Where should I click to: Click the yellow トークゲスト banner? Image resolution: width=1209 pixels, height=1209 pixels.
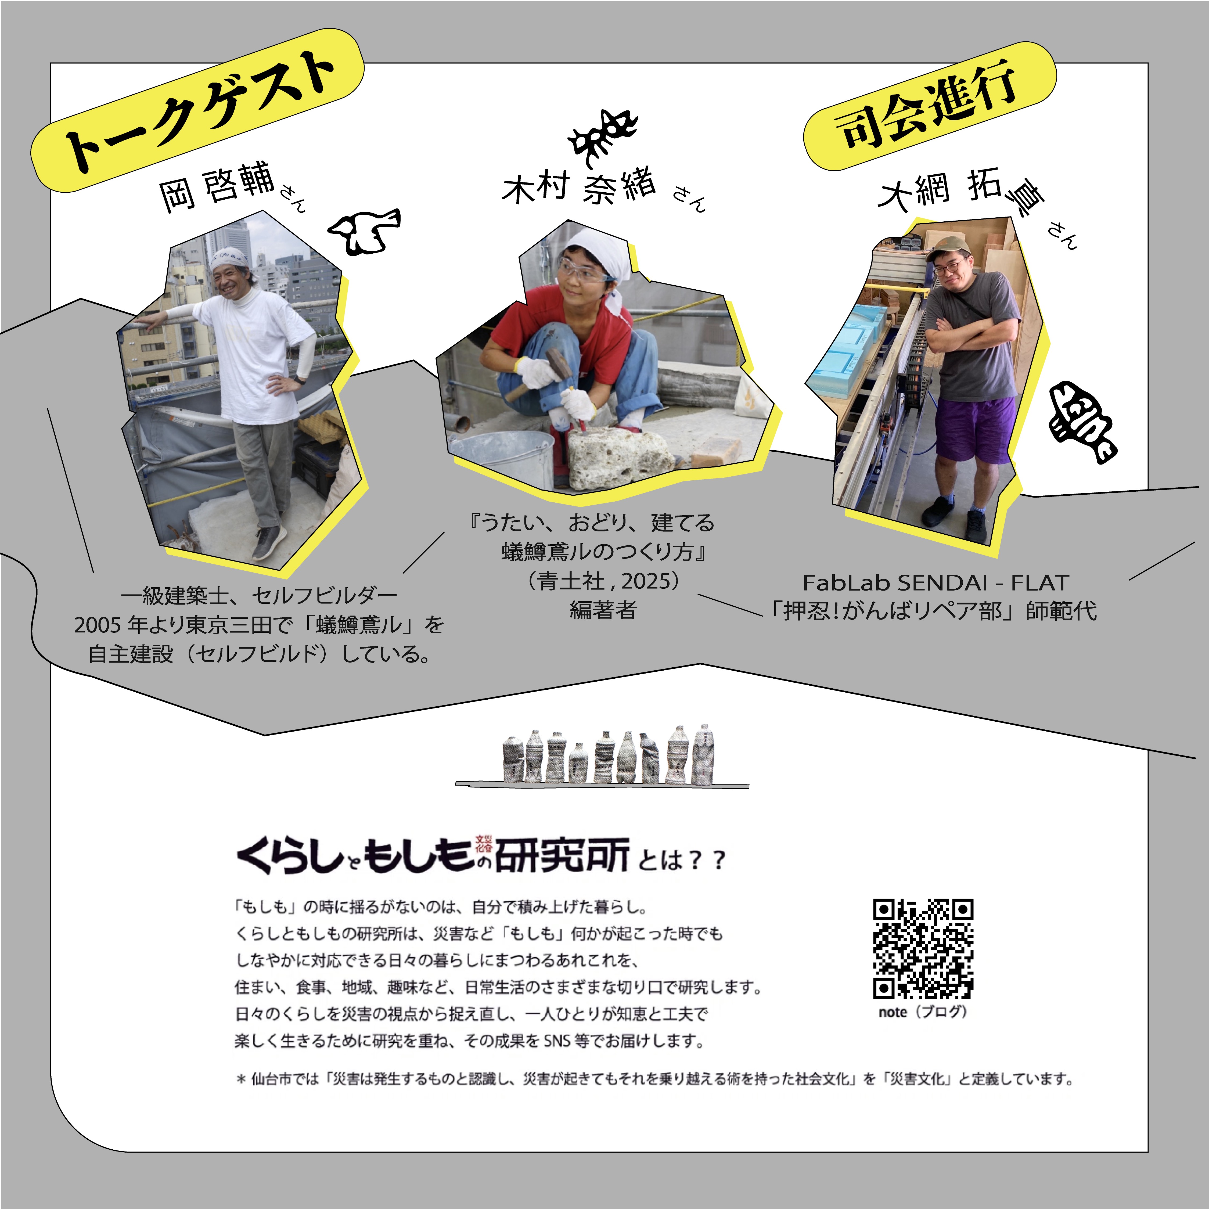tap(197, 110)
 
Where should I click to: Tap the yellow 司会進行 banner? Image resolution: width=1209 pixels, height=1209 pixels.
tap(930, 106)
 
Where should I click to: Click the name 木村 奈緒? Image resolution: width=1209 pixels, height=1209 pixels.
tap(579, 186)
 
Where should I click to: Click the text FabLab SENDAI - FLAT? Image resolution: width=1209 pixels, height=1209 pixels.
tap(935, 582)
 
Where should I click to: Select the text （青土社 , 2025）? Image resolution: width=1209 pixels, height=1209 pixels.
tap(603, 581)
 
